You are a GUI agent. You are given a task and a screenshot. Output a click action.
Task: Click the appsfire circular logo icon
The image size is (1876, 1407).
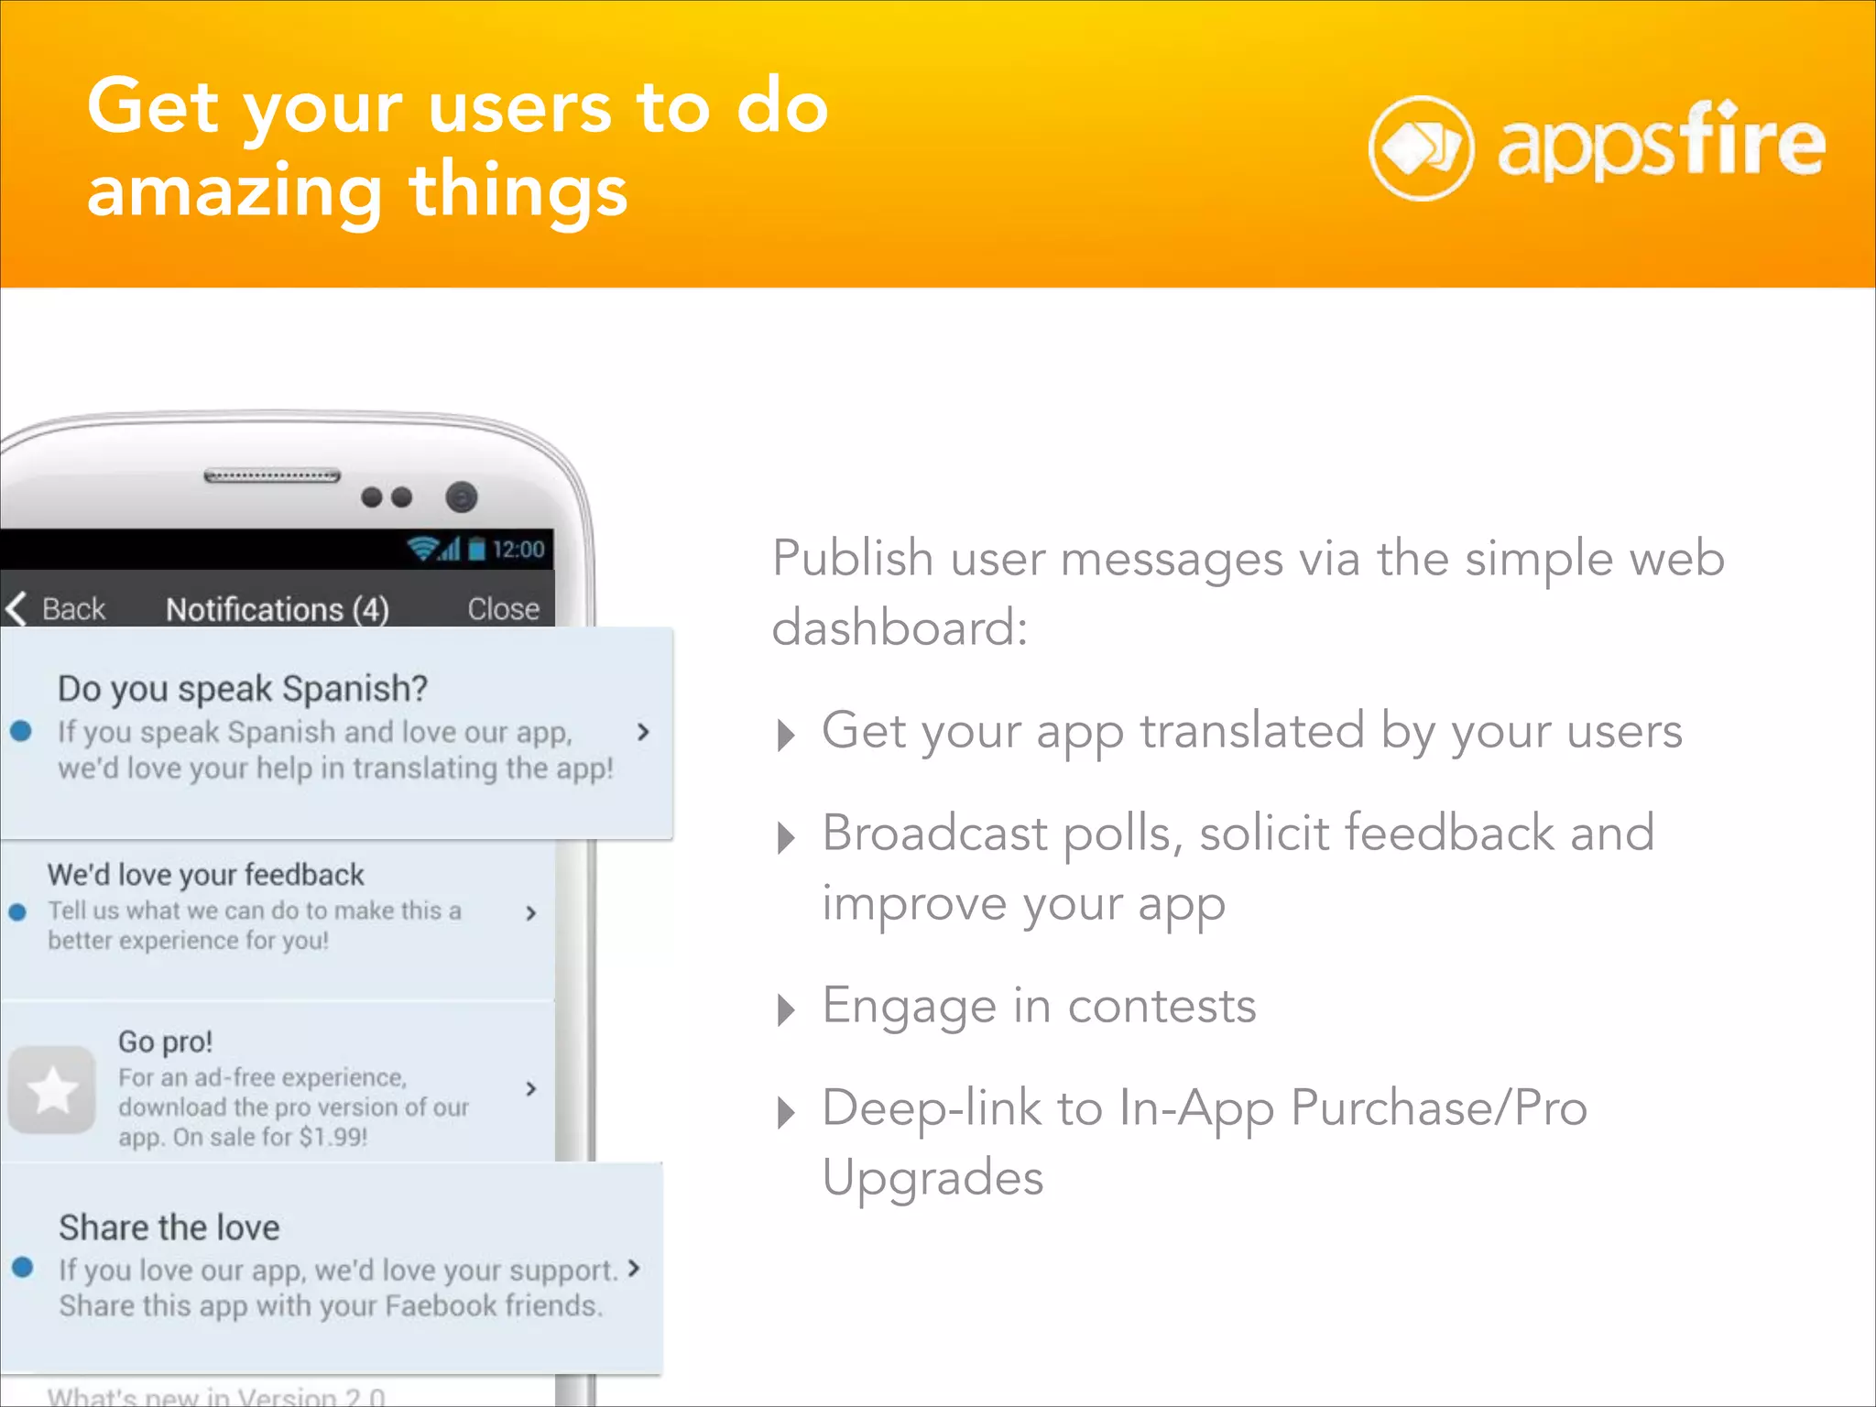click(1421, 148)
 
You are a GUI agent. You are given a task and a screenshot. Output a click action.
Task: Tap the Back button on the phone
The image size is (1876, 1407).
click(57, 609)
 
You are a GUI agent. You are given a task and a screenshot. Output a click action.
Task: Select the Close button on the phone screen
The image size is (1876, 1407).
click(503, 609)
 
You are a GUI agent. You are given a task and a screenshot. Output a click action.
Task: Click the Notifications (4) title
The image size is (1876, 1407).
click(277, 610)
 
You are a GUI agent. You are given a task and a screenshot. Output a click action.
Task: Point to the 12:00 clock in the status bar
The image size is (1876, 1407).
click(518, 550)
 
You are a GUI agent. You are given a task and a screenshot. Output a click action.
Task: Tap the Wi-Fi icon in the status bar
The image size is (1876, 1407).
click(423, 549)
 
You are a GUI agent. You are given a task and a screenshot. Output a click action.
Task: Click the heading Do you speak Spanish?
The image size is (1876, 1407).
click(243, 688)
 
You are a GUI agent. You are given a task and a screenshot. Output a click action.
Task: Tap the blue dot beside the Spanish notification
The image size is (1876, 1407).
click(21, 731)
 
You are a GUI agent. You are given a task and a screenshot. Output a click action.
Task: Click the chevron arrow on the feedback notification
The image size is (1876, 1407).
click(531, 912)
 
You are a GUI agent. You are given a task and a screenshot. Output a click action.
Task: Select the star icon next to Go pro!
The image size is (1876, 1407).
click(52, 1090)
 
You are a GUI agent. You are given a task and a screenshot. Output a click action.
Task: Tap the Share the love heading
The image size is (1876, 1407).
click(169, 1227)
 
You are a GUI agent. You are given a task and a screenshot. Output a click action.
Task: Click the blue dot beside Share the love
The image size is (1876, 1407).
click(23, 1268)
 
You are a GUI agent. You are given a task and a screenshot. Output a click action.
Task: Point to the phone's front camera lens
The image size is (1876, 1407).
click(462, 497)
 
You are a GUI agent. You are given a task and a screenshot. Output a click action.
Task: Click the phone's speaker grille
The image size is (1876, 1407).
click(272, 476)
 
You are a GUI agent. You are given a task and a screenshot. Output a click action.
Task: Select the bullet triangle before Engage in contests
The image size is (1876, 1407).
click(785, 1010)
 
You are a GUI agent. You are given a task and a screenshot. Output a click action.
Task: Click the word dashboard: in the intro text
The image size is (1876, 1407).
click(900, 628)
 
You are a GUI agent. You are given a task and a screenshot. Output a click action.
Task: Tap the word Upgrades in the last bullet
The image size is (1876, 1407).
click(933, 1177)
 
